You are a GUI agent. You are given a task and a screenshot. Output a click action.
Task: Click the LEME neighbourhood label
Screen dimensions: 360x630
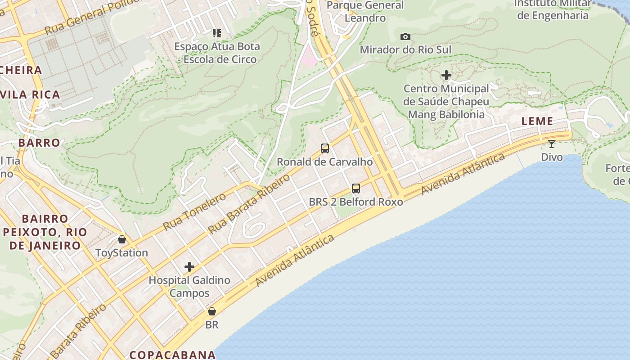(537, 121)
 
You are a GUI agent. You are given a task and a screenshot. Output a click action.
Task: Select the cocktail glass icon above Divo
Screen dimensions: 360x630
(552, 144)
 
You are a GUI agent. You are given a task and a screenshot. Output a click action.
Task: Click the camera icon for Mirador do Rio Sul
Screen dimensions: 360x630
(405, 36)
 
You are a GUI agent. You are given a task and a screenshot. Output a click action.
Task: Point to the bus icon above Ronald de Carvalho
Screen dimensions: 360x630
(324, 148)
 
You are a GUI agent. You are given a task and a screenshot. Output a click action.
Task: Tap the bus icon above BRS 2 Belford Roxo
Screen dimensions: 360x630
(355, 188)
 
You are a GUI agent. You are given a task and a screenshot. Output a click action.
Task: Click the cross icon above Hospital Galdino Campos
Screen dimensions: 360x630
(189, 267)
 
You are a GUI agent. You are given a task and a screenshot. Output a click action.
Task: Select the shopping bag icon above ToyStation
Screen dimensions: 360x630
(121, 239)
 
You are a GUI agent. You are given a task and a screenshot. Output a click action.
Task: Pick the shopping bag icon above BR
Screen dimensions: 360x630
(211, 311)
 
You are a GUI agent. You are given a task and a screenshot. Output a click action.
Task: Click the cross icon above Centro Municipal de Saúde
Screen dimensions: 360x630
(446, 75)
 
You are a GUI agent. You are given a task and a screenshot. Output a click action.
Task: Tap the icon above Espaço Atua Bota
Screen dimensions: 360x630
(217, 33)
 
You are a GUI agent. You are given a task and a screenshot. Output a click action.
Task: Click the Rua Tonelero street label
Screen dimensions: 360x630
(194, 211)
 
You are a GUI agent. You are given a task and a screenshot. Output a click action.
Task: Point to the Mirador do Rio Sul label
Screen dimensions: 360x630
(405, 49)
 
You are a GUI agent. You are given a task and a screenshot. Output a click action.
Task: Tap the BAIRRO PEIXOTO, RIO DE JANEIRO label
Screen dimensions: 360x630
(45, 232)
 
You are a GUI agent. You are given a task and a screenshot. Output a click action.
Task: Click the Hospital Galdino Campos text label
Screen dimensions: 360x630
(189, 287)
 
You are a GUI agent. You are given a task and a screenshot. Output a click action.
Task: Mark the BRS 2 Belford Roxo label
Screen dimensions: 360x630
(355, 202)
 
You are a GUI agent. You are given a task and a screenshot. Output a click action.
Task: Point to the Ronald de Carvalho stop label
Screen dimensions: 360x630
(324, 162)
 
